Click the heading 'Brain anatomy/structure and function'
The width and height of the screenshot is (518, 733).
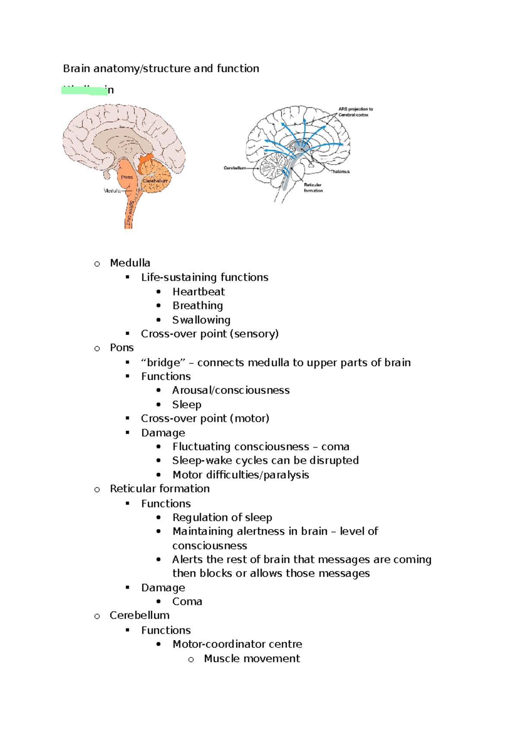pyautogui.click(x=161, y=69)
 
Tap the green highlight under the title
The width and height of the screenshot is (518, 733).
pyautogui.click(x=84, y=91)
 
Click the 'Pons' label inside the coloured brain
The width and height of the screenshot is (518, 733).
pyautogui.click(x=127, y=177)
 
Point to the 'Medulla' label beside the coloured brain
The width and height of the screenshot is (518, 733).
pyautogui.click(x=112, y=191)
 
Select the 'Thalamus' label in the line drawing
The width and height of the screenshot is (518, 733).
pyautogui.click(x=340, y=172)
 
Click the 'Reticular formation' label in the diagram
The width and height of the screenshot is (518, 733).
pyautogui.click(x=313, y=188)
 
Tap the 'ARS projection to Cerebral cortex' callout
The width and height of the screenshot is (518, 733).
pyautogui.click(x=355, y=112)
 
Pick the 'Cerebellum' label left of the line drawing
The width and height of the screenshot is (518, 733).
pyautogui.click(x=235, y=168)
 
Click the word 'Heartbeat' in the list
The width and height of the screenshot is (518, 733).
pyautogui.click(x=199, y=292)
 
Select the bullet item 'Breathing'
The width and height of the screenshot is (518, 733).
pyautogui.click(x=198, y=306)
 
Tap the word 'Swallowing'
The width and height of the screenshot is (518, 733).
pyautogui.click(x=201, y=320)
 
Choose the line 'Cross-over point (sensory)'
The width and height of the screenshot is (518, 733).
pyautogui.click(x=210, y=334)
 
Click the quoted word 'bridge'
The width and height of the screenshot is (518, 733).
pyautogui.click(x=163, y=363)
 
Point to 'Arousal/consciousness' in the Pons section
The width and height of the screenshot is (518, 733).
pyautogui.click(x=231, y=390)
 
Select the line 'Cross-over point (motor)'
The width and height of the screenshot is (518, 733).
pyautogui.click(x=205, y=418)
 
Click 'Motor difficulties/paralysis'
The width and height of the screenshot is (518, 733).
pyautogui.click(x=241, y=475)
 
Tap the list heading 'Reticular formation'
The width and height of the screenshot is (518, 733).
pyautogui.click(x=160, y=489)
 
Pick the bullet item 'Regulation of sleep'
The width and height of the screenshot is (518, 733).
pyautogui.click(x=222, y=517)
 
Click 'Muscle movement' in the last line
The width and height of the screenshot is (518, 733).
pyautogui.click(x=252, y=658)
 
